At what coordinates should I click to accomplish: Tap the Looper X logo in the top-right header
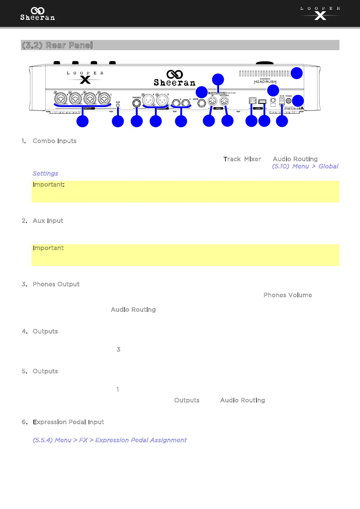click(320, 13)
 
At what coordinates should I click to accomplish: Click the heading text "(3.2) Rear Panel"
click(57, 45)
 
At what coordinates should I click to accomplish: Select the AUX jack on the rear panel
click(118, 105)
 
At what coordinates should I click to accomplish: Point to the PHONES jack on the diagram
click(137, 103)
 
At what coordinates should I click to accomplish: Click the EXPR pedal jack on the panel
click(201, 103)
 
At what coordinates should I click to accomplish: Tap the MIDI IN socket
click(213, 101)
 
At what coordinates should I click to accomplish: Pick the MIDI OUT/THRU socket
click(224, 101)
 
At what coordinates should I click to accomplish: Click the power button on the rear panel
click(289, 101)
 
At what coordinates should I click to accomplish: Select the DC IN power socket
click(282, 101)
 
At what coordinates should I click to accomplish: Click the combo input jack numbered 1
click(104, 99)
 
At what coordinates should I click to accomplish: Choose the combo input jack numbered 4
click(61, 99)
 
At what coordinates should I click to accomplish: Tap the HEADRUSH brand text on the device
click(265, 82)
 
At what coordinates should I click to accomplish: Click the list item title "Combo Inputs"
click(54, 141)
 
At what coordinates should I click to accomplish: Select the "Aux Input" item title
click(48, 221)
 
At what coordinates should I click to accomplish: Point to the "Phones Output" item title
click(56, 284)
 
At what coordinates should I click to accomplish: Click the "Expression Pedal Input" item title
click(68, 422)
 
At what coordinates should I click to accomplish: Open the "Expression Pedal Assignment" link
click(110, 440)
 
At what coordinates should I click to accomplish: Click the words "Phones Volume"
click(287, 295)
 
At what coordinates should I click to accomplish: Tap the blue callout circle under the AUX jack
click(118, 122)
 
